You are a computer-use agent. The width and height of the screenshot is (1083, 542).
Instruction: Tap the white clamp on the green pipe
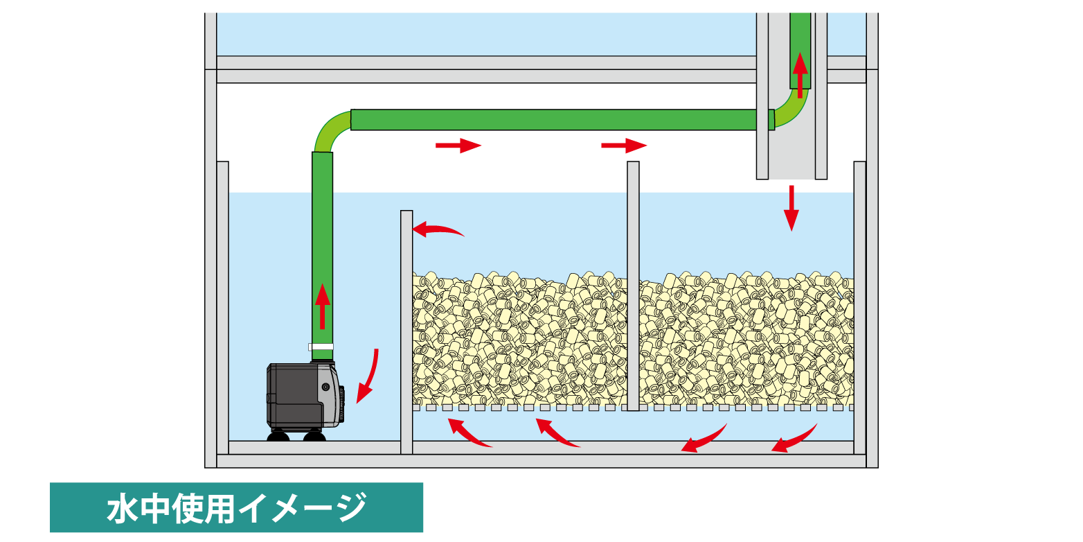(x=321, y=347)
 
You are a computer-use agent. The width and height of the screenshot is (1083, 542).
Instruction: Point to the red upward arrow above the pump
(x=322, y=306)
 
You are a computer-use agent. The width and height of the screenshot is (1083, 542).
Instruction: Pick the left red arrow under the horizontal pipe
(x=458, y=146)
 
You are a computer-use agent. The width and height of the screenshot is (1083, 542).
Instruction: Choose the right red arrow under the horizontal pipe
(x=623, y=146)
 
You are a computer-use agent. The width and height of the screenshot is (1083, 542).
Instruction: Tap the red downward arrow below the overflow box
(x=791, y=207)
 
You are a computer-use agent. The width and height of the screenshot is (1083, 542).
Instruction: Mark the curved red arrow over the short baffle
(x=437, y=229)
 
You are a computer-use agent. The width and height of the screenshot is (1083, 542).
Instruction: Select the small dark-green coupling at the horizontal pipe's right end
(x=771, y=119)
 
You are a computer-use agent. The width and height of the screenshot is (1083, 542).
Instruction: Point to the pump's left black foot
(x=278, y=436)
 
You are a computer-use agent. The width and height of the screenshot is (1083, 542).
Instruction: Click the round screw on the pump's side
(x=325, y=387)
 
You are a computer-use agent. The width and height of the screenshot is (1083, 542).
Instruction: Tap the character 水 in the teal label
(x=124, y=508)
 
